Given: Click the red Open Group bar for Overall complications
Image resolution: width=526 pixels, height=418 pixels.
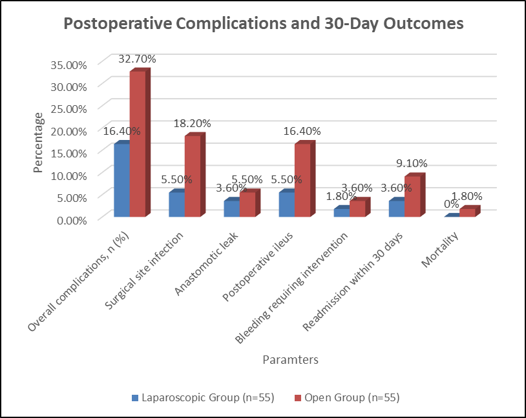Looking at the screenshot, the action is click(x=138, y=144).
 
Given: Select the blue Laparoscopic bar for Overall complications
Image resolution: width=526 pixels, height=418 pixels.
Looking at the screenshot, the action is click(x=122, y=180).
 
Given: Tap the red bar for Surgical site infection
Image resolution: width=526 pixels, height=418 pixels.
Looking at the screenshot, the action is click(x=193, y=176).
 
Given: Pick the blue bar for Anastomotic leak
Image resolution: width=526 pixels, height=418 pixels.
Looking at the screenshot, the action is click(x=232, y=208).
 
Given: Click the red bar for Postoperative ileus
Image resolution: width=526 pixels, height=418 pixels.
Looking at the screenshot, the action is click(x=302, y=180).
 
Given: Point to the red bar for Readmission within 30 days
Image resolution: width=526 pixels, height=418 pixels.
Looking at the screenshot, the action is click(x=413, y=196).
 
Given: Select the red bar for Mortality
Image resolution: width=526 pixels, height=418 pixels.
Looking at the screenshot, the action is click(x=468, y=213).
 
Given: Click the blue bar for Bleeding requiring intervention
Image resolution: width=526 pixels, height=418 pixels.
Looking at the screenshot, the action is click(x=342, y=213).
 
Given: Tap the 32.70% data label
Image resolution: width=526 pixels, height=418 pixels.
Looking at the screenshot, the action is click(x=137, y=59).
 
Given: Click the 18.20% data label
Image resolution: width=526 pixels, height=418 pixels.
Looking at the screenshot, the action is click(x=192, y=124).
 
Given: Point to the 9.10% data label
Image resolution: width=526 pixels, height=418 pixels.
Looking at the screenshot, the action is click(x=412, y=163).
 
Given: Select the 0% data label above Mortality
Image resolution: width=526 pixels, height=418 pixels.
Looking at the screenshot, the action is click(x=451, y=204).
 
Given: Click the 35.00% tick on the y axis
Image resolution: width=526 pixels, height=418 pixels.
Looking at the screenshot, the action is click(x=68, y=65).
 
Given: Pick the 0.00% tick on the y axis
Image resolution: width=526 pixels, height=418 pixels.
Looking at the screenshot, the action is click(x=72, y=221).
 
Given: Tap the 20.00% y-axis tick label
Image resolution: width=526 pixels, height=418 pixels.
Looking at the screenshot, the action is click(x=68, y=132).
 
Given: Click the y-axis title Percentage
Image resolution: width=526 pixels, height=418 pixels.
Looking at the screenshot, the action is click(x=38, y=143).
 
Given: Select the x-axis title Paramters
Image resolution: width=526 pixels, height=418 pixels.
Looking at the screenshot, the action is click(x=291, y=360).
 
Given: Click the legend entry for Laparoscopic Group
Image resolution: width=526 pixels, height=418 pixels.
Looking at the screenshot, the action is click(x=204, y=397).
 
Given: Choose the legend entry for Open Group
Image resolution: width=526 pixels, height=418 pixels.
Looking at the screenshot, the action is click(x=347, y=397).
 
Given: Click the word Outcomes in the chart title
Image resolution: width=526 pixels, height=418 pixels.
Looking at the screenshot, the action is click(x=424, y=23).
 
